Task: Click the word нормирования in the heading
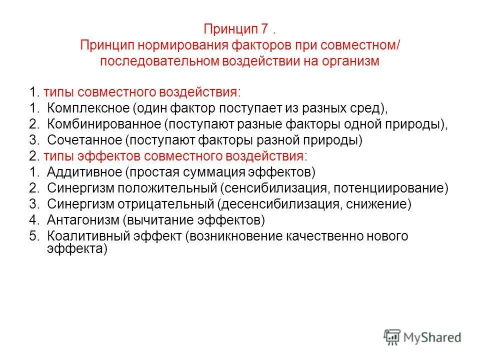pos(182,45)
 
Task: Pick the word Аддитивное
pos(84,172)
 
